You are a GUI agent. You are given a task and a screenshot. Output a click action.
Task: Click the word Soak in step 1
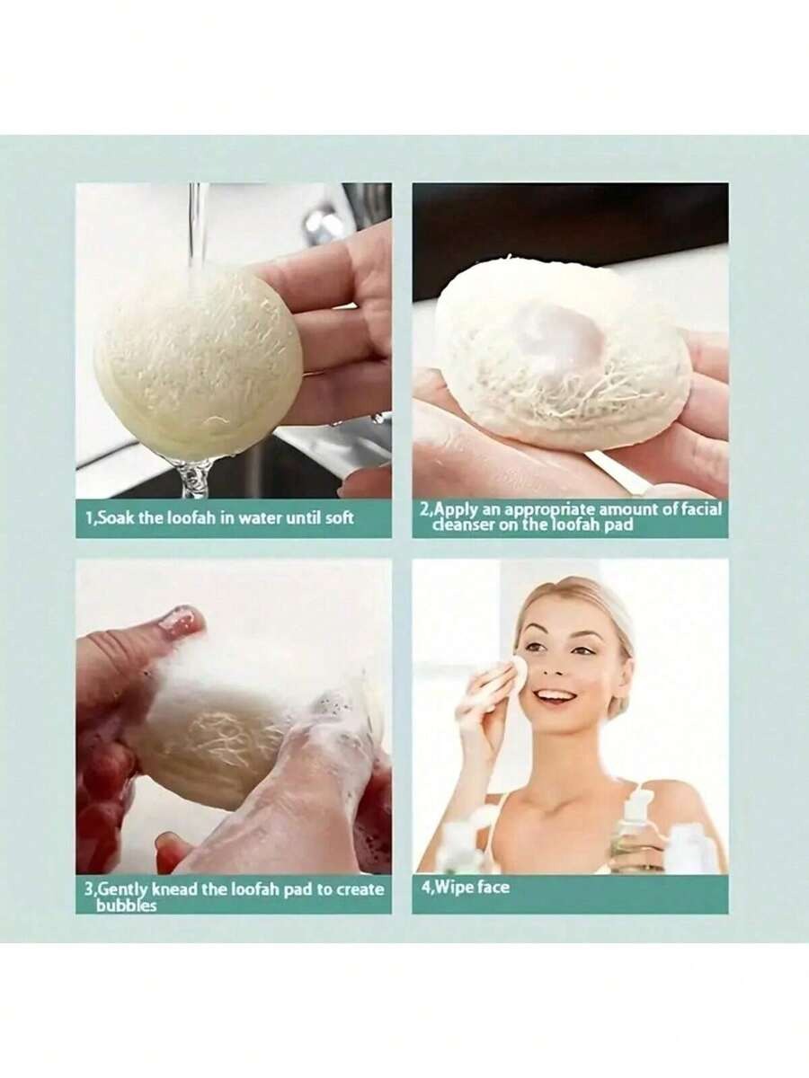pos(117,518)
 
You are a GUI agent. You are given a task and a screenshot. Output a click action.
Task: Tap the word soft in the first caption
pos(340,518)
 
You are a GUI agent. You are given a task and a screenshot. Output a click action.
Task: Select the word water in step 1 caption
pos(258,518)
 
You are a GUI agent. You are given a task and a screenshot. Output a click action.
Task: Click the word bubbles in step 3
pos(126,906)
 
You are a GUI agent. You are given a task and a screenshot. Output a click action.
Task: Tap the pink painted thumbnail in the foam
pos(182,623)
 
